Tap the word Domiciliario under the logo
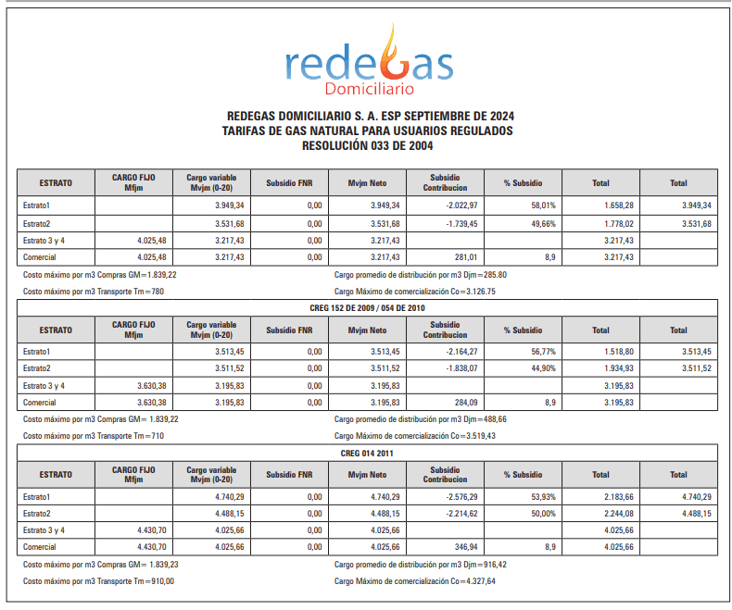(x=369, y=90)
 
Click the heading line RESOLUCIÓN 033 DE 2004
(x=368, y=145)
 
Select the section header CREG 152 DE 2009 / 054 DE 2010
(x=367, y=307)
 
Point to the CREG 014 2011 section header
(x=367, y=453)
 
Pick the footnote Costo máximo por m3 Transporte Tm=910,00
(x=98, y=581)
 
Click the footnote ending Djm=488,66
(x=421, y=419)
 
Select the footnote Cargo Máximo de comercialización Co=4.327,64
(x=415, y=581)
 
